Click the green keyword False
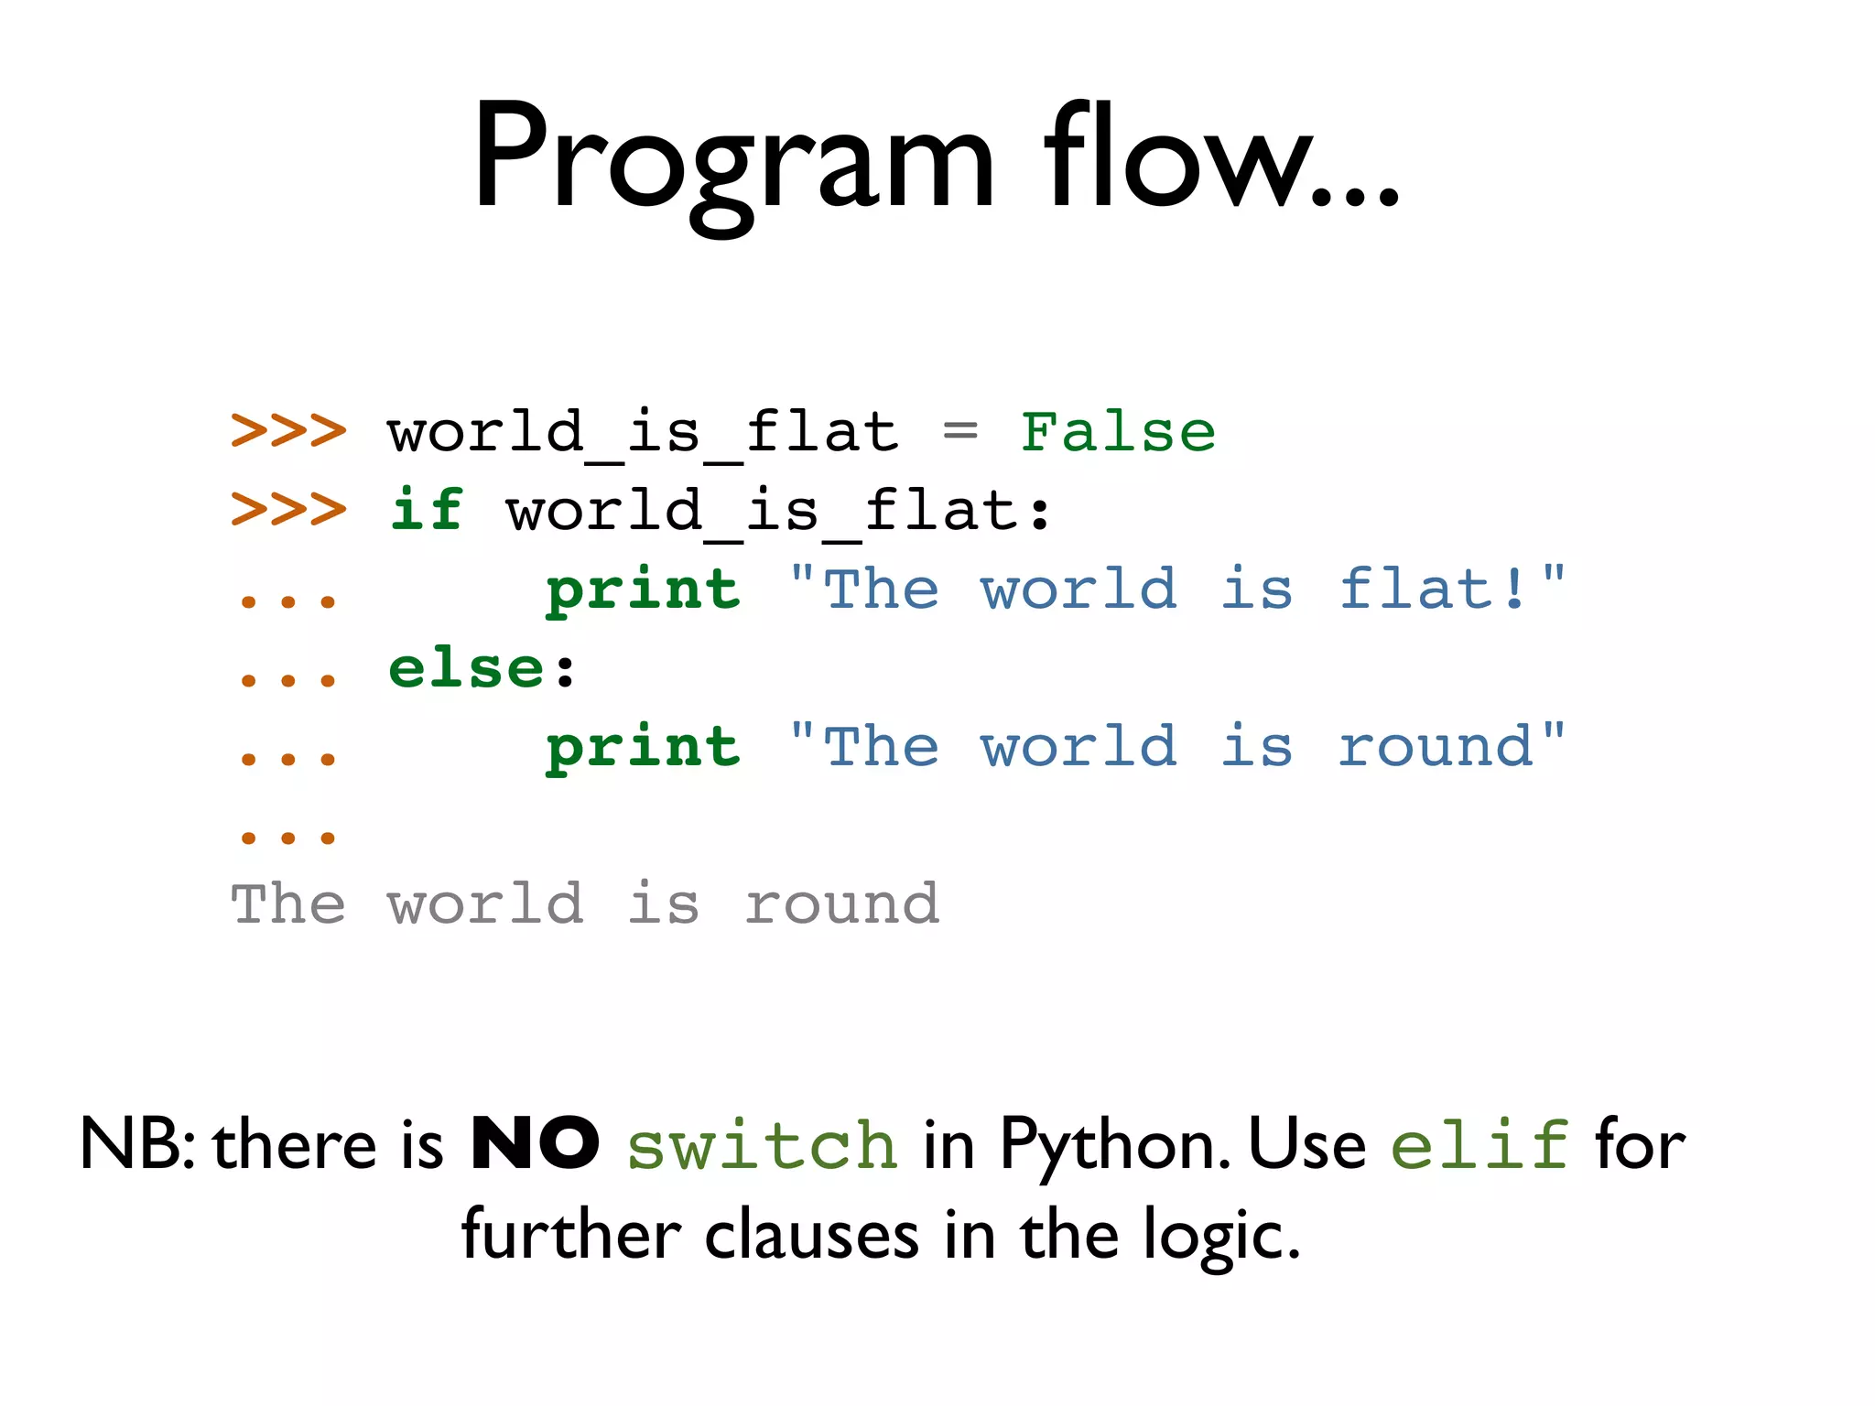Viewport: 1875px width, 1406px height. point(1118,432)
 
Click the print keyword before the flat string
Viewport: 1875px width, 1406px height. point(643,590)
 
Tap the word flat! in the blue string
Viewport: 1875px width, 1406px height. point(1433,589)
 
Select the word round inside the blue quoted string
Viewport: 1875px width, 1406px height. point(1436,747)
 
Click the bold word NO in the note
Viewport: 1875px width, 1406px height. point(535,1144)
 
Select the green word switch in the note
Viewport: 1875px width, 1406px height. point(762,1146)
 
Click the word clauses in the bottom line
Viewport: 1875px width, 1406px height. point(811,1236)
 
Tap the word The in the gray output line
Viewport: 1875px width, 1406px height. point(288,905)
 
